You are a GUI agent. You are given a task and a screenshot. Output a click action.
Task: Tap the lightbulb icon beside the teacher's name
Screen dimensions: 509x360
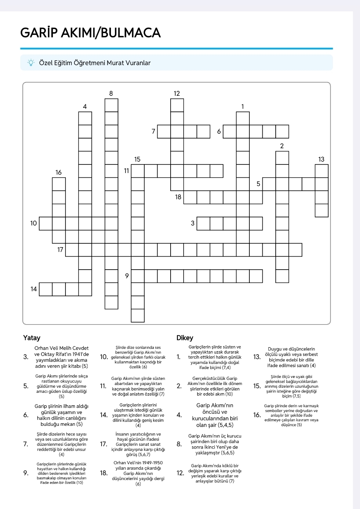click(x=30, y=63)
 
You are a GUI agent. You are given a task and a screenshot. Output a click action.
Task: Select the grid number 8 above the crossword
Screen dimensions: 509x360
click(x=111, y=93)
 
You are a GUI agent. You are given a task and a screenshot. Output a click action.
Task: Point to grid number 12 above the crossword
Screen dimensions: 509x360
click(x=177, y=93)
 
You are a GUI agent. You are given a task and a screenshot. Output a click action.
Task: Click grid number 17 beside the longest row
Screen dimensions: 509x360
click(x=60, y=249)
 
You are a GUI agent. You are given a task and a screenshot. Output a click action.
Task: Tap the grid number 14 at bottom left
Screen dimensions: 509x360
click(x=34, y=289)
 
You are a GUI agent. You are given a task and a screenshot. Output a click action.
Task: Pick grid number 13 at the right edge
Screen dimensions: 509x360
click(x=322, y=159)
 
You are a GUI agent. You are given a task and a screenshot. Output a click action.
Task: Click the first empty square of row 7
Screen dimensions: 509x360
click(x=164, y=131)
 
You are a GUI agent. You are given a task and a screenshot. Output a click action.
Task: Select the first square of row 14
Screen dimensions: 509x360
click(x=46, y=289)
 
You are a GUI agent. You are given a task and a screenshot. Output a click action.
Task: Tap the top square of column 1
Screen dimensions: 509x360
click(x=243, y=118)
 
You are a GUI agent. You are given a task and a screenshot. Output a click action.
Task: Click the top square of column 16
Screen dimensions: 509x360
click(x=59, y=184)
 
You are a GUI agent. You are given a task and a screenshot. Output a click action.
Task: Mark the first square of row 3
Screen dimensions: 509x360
click(x=203, y=223)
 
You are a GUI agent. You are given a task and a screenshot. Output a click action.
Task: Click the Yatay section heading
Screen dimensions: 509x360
click(x=31, y=338)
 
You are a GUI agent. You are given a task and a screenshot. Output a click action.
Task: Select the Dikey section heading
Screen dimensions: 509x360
click(x=185, y=338)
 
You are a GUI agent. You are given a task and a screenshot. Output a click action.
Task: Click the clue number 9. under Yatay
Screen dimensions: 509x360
click(x=26, y=473)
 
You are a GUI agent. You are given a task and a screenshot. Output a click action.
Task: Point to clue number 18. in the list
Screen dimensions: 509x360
click(x=104, y=473)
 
